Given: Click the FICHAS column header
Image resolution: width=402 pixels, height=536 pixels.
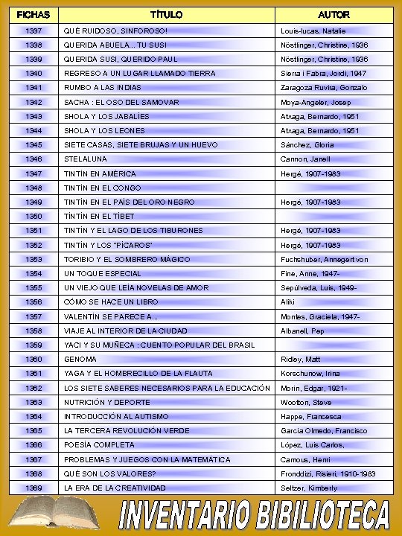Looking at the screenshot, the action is coord(33,14).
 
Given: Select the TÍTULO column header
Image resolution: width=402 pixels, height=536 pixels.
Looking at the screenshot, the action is coord(167,14).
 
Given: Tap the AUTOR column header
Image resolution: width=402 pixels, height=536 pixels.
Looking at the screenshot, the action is coord(334,14).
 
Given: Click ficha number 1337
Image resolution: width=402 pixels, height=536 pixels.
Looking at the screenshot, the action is coord(33,31).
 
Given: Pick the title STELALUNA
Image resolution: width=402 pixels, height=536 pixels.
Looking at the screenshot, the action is coord(86,159).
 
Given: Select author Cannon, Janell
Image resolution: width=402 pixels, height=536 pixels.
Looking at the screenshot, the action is coord(305,159).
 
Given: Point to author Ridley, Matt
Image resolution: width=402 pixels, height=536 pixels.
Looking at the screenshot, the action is coord(301,359).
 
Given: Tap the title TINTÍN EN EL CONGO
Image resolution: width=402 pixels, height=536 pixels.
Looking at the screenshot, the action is coord(102,188).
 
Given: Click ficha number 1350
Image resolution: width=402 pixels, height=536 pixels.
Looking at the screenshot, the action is coord(33,216).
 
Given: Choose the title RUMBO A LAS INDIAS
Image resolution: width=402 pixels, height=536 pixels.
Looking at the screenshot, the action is coord(102,88).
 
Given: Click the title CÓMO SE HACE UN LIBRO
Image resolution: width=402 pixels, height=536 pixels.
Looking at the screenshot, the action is coord(111,302).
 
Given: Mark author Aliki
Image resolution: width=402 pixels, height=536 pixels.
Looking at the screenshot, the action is coord(288,302).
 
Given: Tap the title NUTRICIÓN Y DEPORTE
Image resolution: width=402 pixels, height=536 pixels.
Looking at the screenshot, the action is coord(106,402).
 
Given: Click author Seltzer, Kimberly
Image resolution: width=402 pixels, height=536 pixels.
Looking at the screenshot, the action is coord(309,488).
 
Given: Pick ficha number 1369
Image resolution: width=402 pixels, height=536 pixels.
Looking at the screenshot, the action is coord(33,488).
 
